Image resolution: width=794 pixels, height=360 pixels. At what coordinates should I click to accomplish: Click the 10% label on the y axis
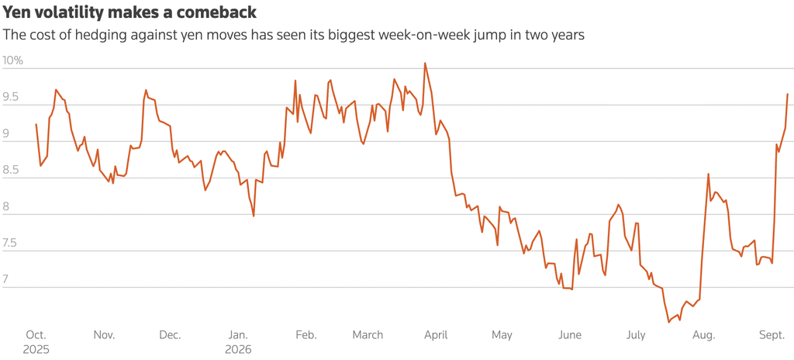pyautogui.click(x=12, y=61)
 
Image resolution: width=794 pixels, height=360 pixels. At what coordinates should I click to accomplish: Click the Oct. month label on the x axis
pyautogui.click(x=36, y=335)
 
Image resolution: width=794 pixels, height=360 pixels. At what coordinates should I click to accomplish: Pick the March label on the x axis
pyautogui.click(x=368, y=335)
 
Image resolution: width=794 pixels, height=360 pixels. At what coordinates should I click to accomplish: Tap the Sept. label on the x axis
pyautogui.click(x=772, y=335)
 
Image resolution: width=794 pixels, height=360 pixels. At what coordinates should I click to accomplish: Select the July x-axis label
pyautogui.click(x=636, y=335)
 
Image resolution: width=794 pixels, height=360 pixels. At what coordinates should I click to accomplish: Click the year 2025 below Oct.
pyautogui.click(x=36, y=349)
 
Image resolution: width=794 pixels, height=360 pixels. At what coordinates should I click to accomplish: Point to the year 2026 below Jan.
pyautogui.click(x=237, y=349)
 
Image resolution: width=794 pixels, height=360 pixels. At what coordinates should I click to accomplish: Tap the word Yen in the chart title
pyautogui.click(x=16, y=12)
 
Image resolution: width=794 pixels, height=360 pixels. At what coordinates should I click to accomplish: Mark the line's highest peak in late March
pyautogui.click(x=425, y=63)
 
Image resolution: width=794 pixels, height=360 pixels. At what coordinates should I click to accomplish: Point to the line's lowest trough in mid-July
pyautogui.click(x=668, y=322)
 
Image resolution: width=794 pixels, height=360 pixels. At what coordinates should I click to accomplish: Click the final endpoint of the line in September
pyautogui.click(x=788, y=94)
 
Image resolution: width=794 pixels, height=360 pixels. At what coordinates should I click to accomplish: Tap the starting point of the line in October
pyautogui.click(x=36, y=124)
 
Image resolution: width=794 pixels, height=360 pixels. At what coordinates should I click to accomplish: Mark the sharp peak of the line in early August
pyautogui.click(x=709, y=174)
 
